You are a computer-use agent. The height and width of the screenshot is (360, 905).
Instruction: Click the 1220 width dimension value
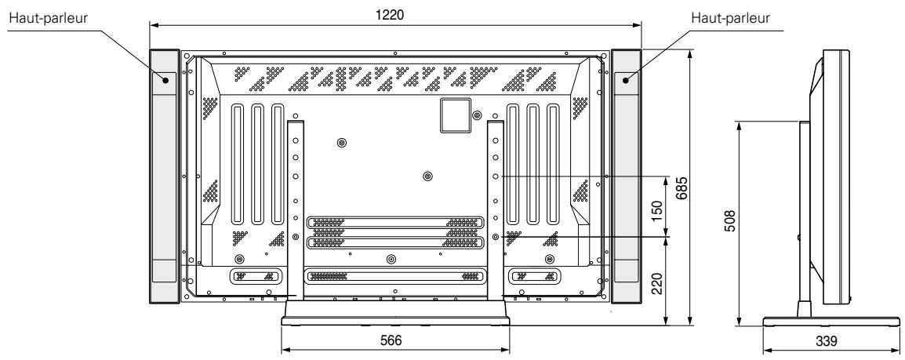397,14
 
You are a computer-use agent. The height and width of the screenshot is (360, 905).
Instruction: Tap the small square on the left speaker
166,78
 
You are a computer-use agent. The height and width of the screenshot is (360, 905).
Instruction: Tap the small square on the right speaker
627,78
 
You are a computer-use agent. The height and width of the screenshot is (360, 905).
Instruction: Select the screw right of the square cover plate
477,115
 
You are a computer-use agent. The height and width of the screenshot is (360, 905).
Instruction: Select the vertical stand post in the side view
804,220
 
